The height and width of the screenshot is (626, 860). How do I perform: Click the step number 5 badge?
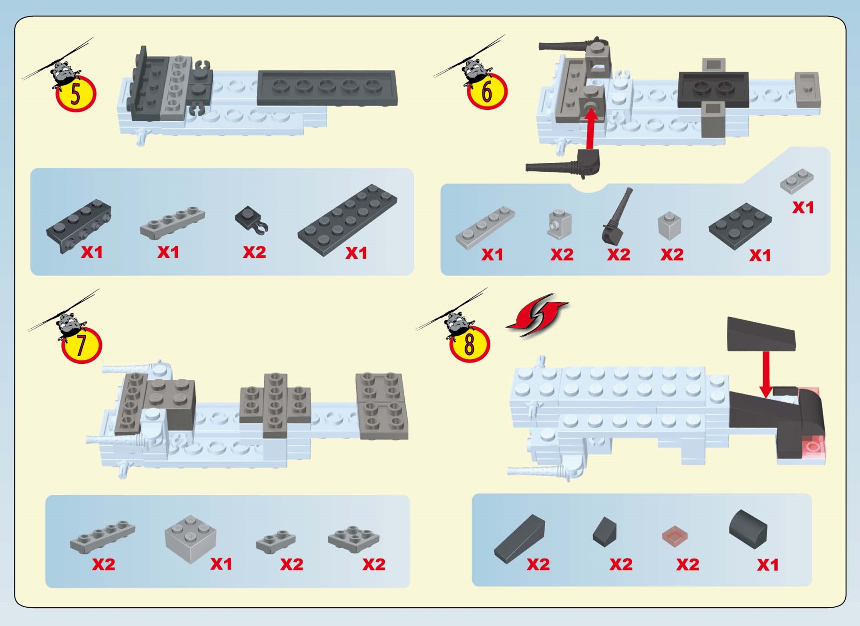coord(76,94)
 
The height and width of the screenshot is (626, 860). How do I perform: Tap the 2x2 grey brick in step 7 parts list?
coord(190,539)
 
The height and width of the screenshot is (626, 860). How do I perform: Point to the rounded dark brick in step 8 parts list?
coord(748,529)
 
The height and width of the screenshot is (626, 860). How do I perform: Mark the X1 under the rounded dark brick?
coord(768,565)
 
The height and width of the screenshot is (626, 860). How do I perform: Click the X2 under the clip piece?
coord(255,252)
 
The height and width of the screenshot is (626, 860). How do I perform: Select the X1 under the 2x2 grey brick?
coord(221,564)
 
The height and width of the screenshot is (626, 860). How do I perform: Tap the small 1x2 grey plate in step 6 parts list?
coord(797,181)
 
